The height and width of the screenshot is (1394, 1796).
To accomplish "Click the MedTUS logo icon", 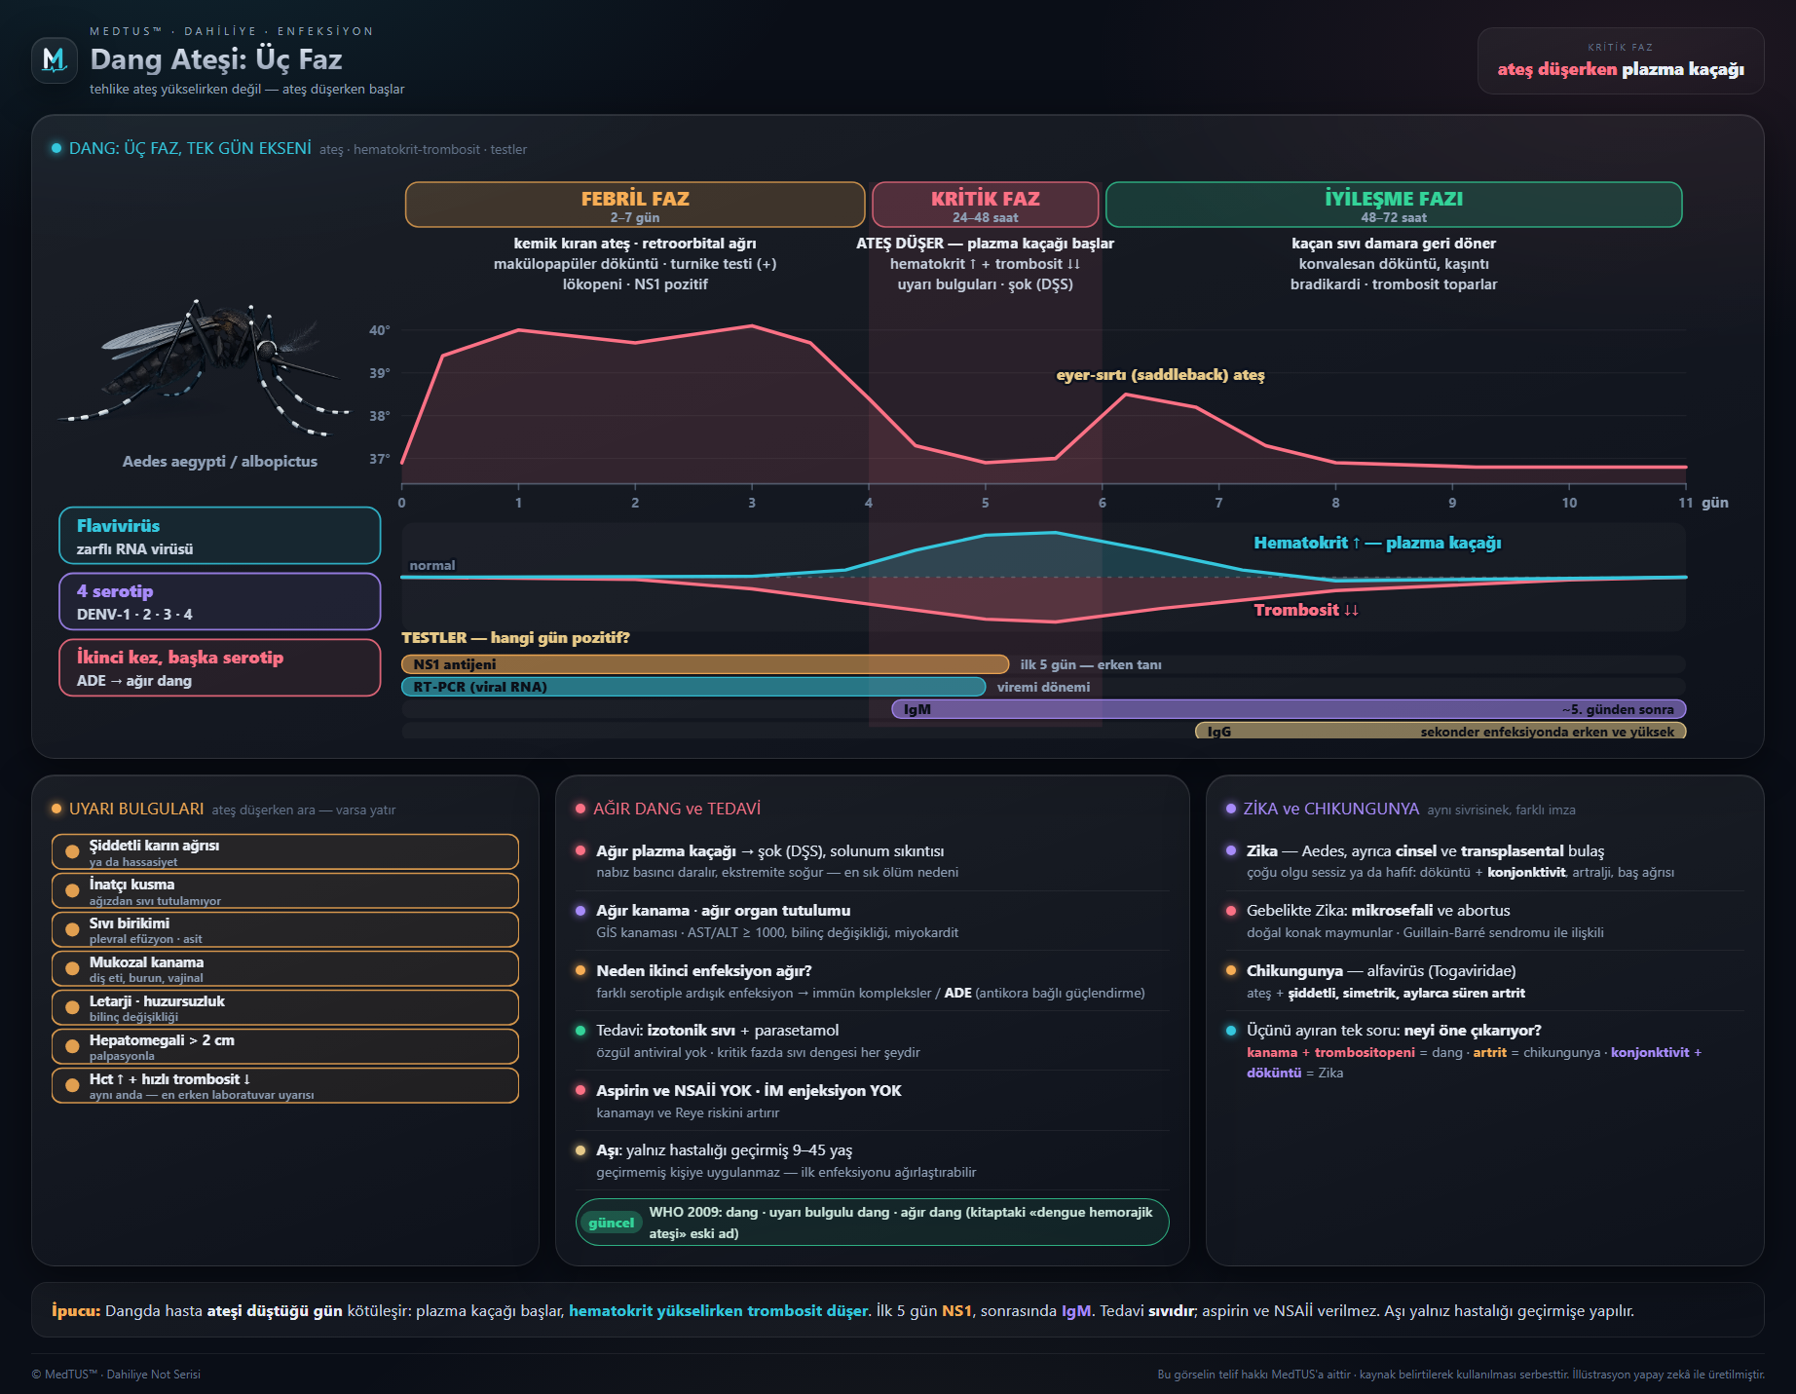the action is (x=55, y=60).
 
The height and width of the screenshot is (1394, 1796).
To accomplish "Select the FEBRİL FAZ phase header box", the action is (x=635, y=205).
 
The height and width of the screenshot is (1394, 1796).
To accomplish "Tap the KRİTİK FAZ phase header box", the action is (x=985, y=205).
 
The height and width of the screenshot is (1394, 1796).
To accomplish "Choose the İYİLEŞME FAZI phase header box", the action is (x=1394, y=205).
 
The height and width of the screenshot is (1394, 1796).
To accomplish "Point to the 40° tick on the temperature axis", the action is (x=379, y=330).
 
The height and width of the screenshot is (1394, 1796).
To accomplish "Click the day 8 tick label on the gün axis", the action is (x=1335, y=503).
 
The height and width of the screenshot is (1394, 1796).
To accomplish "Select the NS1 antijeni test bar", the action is (x=705, y=664).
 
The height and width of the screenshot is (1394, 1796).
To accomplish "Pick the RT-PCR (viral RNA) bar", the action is (x=693, y=687).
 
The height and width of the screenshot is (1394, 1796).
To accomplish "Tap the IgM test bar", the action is (x=1289, y=709).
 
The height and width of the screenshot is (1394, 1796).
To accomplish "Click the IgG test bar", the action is (x=1441, y=731).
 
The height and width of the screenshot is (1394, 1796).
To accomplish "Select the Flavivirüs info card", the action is (x=220, y=536).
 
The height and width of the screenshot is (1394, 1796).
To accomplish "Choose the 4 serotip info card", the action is (x=220, y=601).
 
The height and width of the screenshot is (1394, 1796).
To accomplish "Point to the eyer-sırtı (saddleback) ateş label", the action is (x=1160, y=375).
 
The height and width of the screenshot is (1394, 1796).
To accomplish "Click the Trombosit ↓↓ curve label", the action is (x=1305, y=610).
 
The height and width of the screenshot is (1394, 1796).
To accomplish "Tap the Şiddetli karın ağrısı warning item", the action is (x=285, y=851).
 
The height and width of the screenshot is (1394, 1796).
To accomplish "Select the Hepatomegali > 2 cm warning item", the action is (x=285, y=1046).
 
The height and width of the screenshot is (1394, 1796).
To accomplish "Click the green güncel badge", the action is (x=611, y=1223).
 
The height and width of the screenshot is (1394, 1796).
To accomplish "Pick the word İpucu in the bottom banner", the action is (x=76, y=1311).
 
